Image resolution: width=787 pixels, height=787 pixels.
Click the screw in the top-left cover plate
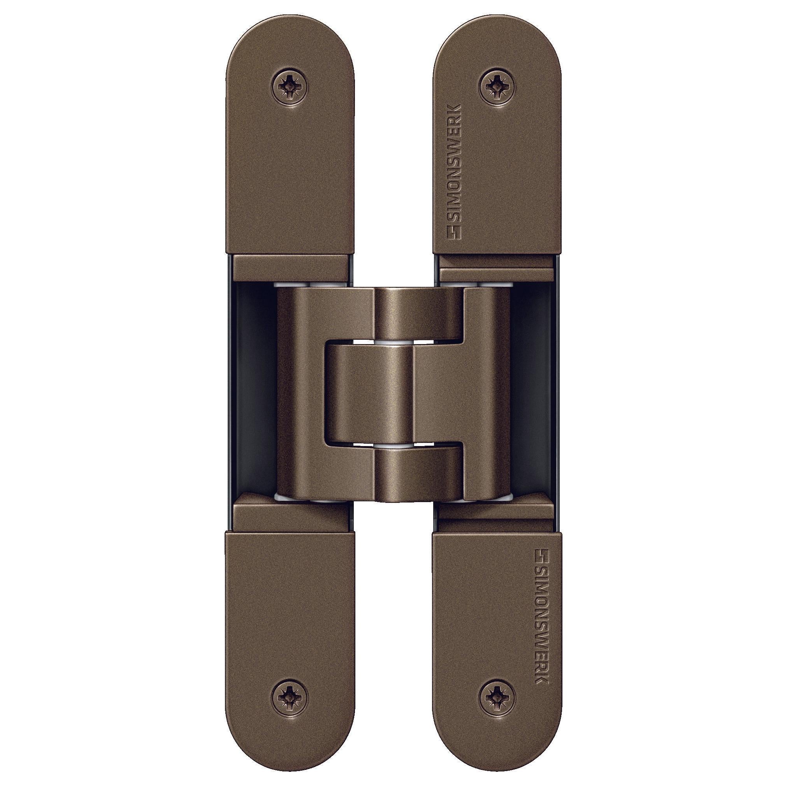pyautogui.click(x=290, y=86)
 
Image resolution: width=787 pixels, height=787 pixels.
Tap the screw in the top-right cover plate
pyautogui.click(x=497, y=86)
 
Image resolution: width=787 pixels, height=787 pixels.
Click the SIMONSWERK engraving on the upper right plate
pyautogui.click(x=454, y=171)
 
